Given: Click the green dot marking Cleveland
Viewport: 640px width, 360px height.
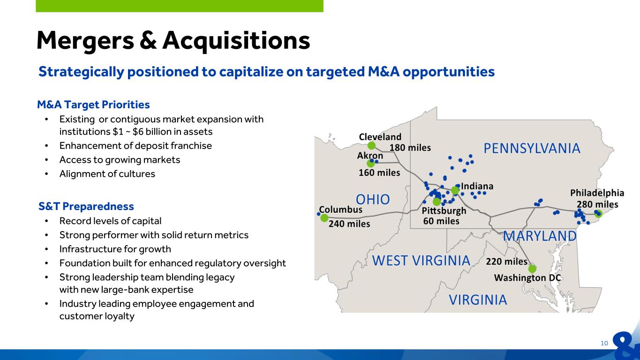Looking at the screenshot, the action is tap(371, 146).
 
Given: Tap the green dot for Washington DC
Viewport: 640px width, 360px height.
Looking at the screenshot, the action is tap(532, 269).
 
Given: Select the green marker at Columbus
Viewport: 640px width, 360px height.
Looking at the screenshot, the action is tap(324, 218).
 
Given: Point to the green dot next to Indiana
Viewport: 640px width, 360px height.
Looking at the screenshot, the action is tap(455, 190).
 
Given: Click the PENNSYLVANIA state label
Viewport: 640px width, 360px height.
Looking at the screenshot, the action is tap(532, 148).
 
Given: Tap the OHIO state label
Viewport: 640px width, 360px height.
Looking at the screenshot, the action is tap(373, 199).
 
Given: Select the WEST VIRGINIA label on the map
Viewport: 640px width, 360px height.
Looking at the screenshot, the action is tap(421, 260).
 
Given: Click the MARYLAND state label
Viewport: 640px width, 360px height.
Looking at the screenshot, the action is tap(539, 236).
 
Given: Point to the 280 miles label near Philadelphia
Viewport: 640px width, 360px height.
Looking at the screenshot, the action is tap(597, 204).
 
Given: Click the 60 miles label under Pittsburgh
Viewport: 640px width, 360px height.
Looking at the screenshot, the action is tap(441, 221).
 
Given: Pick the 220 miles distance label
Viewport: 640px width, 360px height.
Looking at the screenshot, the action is tap(506, 262).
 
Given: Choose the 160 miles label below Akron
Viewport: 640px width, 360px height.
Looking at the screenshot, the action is tap(379, 172).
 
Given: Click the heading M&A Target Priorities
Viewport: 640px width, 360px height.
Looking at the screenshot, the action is tap(93, 105).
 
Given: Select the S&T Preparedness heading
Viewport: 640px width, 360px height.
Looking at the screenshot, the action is tap(86, 206).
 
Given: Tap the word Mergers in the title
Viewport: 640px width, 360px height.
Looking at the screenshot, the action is tap(85, 41).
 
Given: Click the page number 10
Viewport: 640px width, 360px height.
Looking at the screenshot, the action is tap(604, 343).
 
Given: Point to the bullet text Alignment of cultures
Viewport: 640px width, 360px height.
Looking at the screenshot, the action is tap(107, 174).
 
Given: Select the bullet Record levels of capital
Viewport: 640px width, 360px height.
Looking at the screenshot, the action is tap(110, 221).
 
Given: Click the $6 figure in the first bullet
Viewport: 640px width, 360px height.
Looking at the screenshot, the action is tap(138, 132).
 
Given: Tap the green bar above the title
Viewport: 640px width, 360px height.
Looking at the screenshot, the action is tap(180, 6).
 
